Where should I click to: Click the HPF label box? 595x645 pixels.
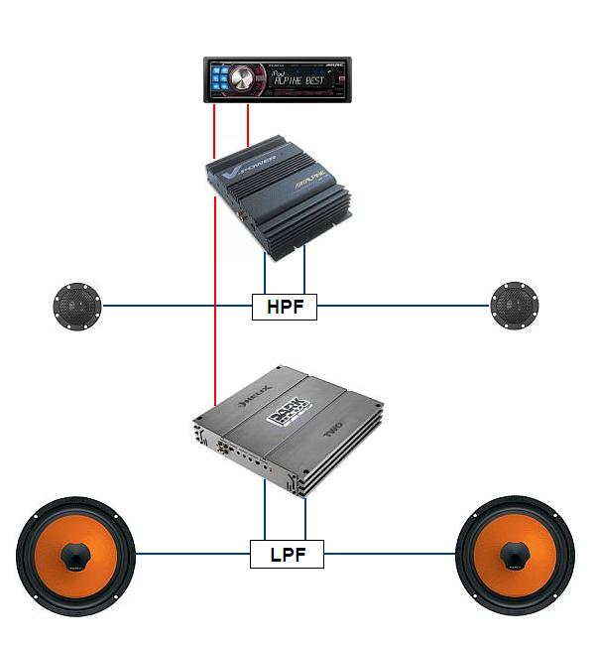pyautogui.click(x=285, y=307)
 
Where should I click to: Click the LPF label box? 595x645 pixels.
pyautogui.click(x=287, y=554)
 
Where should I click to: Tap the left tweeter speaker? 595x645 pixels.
pyautogui.click(x=77, y=306)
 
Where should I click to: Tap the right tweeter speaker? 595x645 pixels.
pyautogui.click(x=515, y=306)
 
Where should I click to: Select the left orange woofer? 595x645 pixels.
pyautogui.click(x=76, y=553)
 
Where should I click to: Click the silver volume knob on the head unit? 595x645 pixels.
pyautogui.click(x=244, y=79)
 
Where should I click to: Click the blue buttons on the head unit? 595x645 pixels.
pyautogui.click(x=219, y=79)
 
